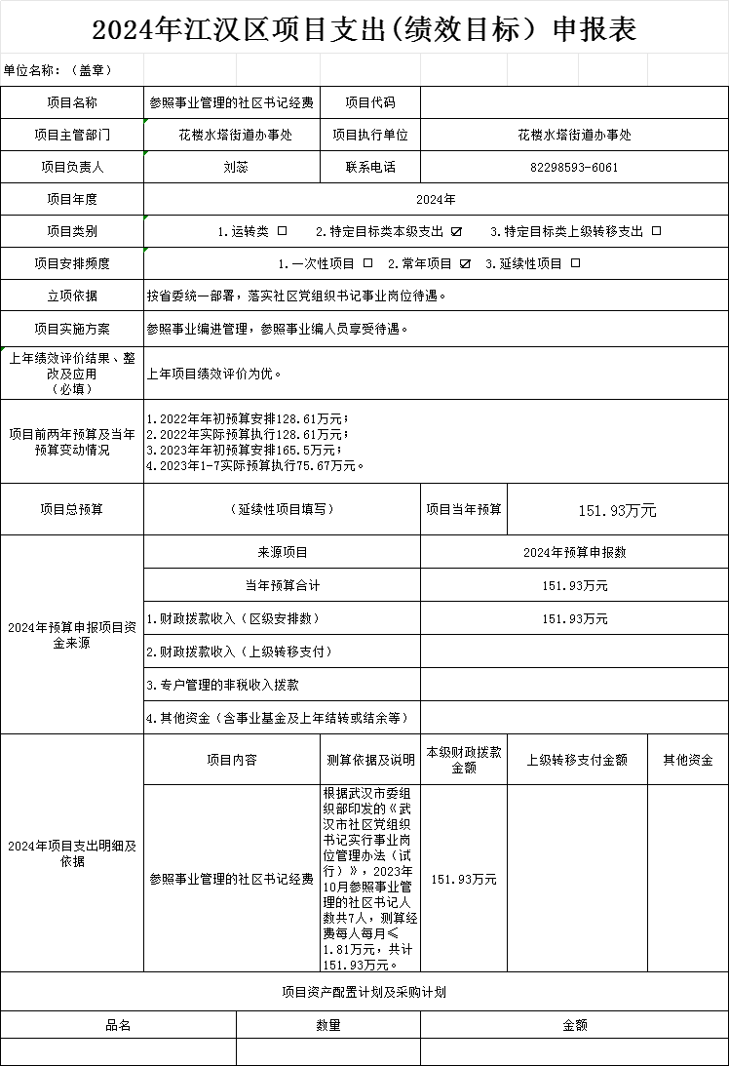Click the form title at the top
tap(364, 30)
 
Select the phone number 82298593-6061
tap(574, 167)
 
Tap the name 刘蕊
tap(235, 167)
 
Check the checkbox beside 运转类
tap(283, 231)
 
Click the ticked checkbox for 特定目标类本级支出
tap(456, 231)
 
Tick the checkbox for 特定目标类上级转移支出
tap(656, 231)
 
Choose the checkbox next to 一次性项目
tap(367, 263)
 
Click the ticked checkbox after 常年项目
tap(465, 263)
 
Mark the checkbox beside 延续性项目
tap(576, 263)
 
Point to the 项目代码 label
tap(370, 101)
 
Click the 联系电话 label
tap(370, 167)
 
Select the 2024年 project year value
tap(436, 199)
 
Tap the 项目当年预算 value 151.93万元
tap(618, 510)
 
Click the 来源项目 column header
tap(282, 552)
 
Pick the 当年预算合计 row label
tap(282, 585)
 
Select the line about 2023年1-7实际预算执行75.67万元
tap(255, 465)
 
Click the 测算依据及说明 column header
tap(370, 760)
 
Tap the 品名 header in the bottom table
tap(118, 1025)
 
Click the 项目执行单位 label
tap(370, 135)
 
